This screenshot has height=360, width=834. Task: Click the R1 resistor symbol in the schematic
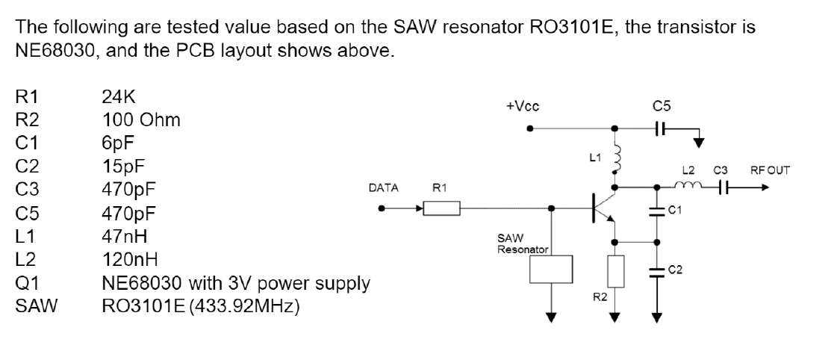(x=441, y=208)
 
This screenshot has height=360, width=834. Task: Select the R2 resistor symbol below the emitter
(x=615, y=272)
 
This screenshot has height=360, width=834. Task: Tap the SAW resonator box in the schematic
(x=551, y=269)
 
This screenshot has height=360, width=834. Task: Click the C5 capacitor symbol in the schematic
(x=660, y=128)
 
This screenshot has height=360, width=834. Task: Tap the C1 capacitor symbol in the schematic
(x=657, y=211)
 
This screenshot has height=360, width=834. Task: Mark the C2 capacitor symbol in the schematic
(x=657, y=272)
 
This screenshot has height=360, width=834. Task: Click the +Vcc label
(x=523, y=106)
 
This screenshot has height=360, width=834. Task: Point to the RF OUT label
(x=770, y=171)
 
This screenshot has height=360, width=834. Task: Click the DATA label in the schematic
(x=384, y=187)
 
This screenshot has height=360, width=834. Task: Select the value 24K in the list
(x=119, y=97)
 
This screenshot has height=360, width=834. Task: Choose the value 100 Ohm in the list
(x=141, y=120)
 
